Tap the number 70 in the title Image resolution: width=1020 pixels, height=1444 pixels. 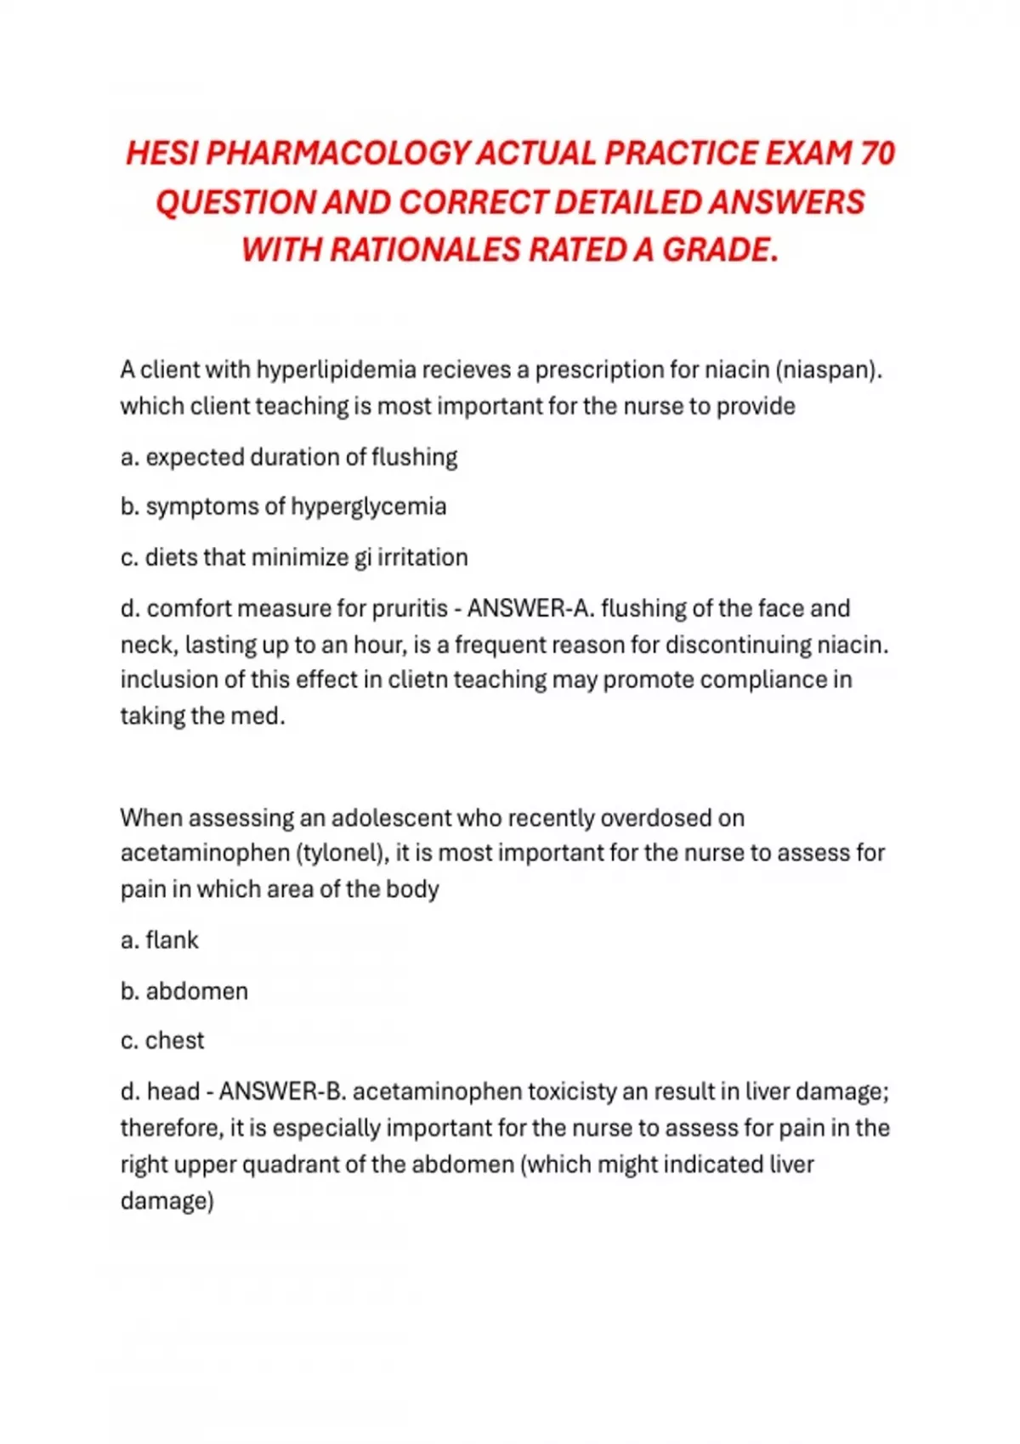[x=877, y=154]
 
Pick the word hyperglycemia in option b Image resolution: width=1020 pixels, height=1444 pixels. [x=368, y=506]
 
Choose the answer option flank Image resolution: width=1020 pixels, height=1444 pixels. [x=172, y=940]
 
